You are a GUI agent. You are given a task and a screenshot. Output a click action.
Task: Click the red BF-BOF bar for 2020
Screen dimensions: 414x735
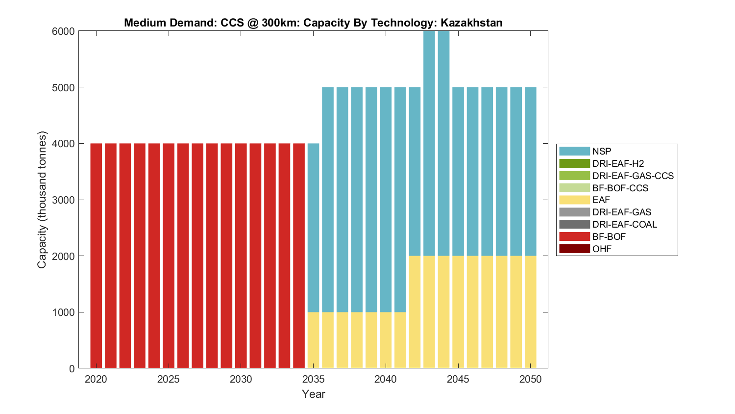point(96,255)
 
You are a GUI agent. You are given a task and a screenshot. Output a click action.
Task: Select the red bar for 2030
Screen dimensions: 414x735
point(241,255)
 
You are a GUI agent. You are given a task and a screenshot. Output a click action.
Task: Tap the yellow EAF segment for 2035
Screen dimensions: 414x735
point(314,340)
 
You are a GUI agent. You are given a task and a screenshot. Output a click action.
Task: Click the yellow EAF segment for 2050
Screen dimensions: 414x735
point(531,312)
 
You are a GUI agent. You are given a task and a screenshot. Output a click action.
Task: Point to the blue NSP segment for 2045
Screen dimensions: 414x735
point(458,172)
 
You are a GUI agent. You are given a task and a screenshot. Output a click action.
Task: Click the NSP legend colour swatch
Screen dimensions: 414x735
point(574,152)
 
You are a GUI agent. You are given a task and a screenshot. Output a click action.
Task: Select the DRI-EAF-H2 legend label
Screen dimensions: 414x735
point(618,164)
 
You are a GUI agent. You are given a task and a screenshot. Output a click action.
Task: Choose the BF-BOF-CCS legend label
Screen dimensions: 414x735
point(620,188)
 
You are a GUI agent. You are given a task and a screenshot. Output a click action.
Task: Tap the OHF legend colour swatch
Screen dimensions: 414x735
point(574,249)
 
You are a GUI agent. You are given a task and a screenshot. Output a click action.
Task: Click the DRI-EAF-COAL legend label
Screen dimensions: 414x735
point(624,225)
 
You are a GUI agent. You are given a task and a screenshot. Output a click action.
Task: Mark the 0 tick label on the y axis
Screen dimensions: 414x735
point(72,368)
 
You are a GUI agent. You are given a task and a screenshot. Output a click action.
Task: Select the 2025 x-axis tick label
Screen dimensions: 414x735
point(169,379)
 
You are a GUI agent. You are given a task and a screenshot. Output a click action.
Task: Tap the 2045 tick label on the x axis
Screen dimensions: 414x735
point(458,379)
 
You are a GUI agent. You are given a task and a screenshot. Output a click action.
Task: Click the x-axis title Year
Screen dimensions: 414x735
point(314,394)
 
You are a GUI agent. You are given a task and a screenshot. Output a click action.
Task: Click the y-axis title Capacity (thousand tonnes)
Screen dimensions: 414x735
point(42,200)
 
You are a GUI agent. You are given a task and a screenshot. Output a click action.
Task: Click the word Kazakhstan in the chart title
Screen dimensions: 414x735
point(471,23)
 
